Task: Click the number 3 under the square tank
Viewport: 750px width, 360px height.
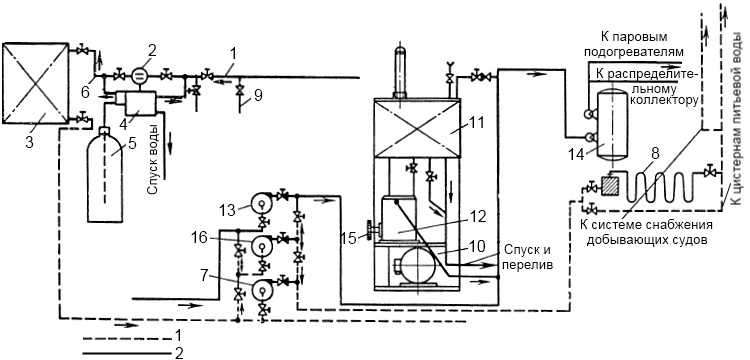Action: (30, 142)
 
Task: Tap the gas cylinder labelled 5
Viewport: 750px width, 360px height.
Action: (104, 175)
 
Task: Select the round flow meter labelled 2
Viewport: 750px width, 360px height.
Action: (139, 76)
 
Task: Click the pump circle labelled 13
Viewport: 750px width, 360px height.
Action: (263, 203)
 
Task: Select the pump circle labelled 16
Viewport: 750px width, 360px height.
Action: (262, 246)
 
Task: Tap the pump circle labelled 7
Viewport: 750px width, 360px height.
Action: (262, 289)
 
